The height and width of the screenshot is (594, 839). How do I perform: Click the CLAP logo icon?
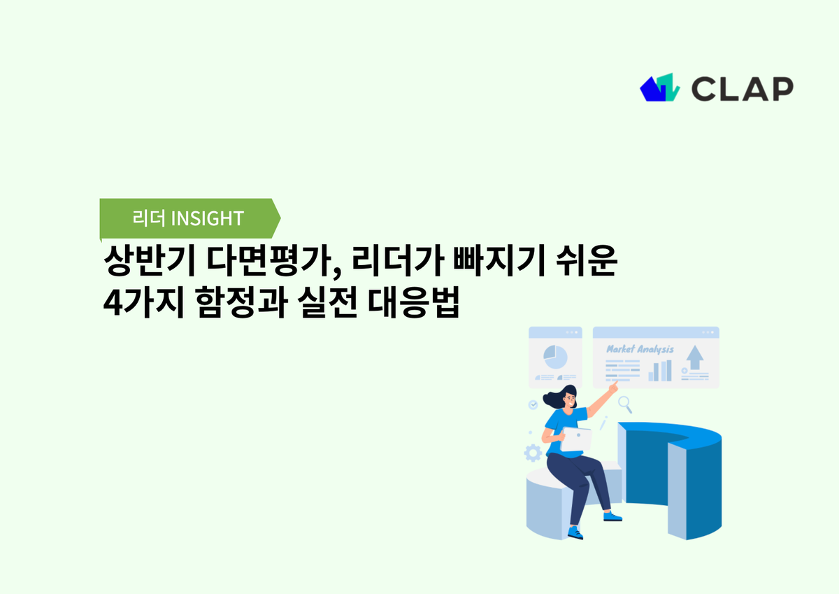[659, 87]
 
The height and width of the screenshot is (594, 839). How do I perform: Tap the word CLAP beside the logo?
[742, 88]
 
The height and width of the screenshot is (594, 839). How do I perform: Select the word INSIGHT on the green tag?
[207, 218]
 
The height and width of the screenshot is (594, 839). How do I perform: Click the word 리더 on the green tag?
[149, 218]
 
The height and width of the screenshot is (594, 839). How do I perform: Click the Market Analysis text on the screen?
[640, 348]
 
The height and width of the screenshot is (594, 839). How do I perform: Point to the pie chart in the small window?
[555, 356]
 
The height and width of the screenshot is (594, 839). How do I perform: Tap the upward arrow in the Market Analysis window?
[694, 358]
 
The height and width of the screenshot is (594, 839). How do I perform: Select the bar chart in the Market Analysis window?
[659, 371]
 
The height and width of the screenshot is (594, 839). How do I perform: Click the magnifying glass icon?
[625, 403]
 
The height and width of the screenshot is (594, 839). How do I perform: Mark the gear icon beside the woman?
[533, 453]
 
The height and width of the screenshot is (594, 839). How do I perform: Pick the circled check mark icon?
[533, 404]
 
